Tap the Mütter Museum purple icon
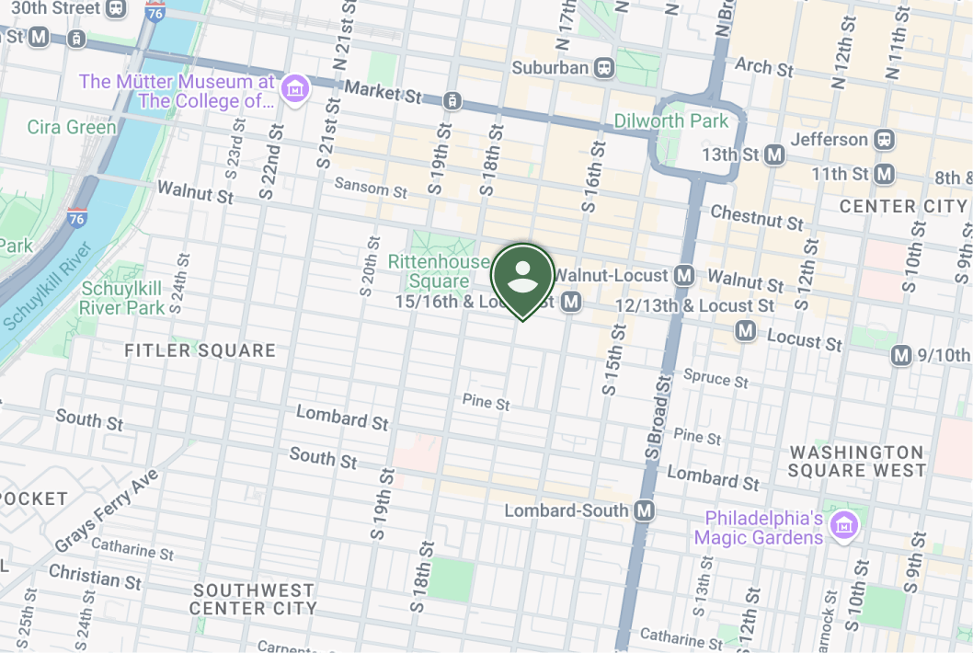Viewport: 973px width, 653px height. pos(296,90)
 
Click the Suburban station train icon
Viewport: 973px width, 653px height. pos(604,67)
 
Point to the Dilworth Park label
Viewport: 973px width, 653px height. pos(670,121)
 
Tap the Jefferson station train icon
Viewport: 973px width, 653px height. pos(884,140)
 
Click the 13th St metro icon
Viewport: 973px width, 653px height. pos(774,155)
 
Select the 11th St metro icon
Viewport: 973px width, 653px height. pos(884,174)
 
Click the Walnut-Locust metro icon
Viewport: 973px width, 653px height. pos(683,275)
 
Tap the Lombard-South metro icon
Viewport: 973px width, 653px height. pos(645,510)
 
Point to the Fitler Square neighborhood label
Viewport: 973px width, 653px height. pos(200,350)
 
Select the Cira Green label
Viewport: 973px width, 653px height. pos(72,127)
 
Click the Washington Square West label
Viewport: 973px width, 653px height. pos(856,461)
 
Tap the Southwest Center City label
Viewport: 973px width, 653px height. pos(253,599)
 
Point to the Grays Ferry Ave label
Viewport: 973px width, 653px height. pos(107,511)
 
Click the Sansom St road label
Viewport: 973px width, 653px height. pos(370,189)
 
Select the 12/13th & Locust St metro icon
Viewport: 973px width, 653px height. pos(745,330)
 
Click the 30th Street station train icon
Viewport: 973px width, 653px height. pos(117,8)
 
